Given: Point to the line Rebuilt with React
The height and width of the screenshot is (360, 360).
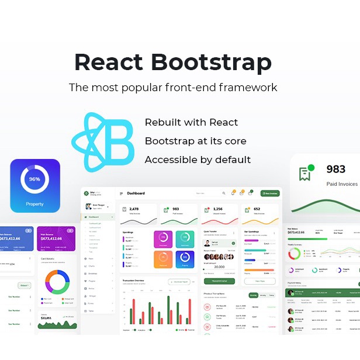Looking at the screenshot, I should [191, 122].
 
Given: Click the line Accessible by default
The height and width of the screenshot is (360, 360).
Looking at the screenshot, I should [198, 160].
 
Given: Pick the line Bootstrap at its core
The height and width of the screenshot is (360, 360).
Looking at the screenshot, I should [195, 141].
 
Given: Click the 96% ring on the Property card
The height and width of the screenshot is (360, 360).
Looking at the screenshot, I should [34, 179].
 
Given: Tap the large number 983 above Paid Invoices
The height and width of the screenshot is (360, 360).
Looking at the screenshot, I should [335, 169].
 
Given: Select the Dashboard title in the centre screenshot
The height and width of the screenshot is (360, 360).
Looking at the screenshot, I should [136, 193].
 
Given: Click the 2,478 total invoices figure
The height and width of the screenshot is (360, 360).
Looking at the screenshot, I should [133, 209].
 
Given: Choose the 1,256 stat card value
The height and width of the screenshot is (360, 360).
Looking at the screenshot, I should [217, 209].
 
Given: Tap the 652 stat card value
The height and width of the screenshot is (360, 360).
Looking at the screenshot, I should [257, 209].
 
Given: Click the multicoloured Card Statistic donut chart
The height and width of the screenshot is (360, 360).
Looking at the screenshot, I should [57, 281].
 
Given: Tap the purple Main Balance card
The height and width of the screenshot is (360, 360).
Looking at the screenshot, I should [55, 238].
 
